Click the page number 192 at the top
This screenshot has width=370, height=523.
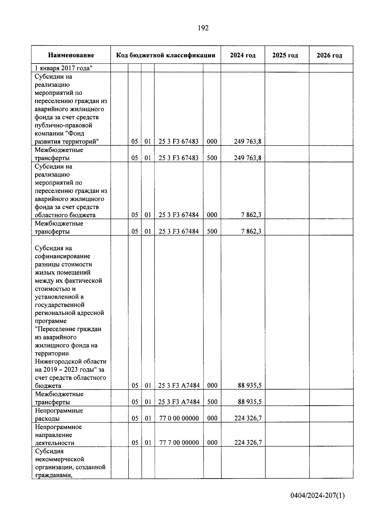[x=203, y=28]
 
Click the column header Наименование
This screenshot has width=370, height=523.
[x=71, y=55]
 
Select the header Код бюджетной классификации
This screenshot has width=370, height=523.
[x=166, y=55]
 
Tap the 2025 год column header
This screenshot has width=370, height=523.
[x=285, y=55]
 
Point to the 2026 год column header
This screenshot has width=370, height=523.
[x=329, y=55]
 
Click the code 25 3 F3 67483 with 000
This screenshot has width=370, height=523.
[x=179, y=141]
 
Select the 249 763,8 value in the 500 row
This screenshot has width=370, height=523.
[x=247, y=158]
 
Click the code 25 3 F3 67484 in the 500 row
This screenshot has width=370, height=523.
[x=179, y=231]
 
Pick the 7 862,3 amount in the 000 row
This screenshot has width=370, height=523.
[x=251, y=215]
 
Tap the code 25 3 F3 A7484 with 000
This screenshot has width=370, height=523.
[x=179, y=385]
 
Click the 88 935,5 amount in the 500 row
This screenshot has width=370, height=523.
[x=249, y=402]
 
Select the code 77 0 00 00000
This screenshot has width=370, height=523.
[x=179, y=418]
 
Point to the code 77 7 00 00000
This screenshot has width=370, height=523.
[x=179, y=443]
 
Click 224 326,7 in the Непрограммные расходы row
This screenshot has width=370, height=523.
[x=248, y=418]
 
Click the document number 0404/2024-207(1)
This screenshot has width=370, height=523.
[x=317, y=496]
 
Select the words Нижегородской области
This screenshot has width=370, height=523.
[x=71, y=361]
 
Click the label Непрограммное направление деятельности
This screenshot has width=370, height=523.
[x=58, y=435]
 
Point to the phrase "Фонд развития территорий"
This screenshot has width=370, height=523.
[x=71, y=137]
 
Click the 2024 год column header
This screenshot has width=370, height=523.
[x=243, y=55]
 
